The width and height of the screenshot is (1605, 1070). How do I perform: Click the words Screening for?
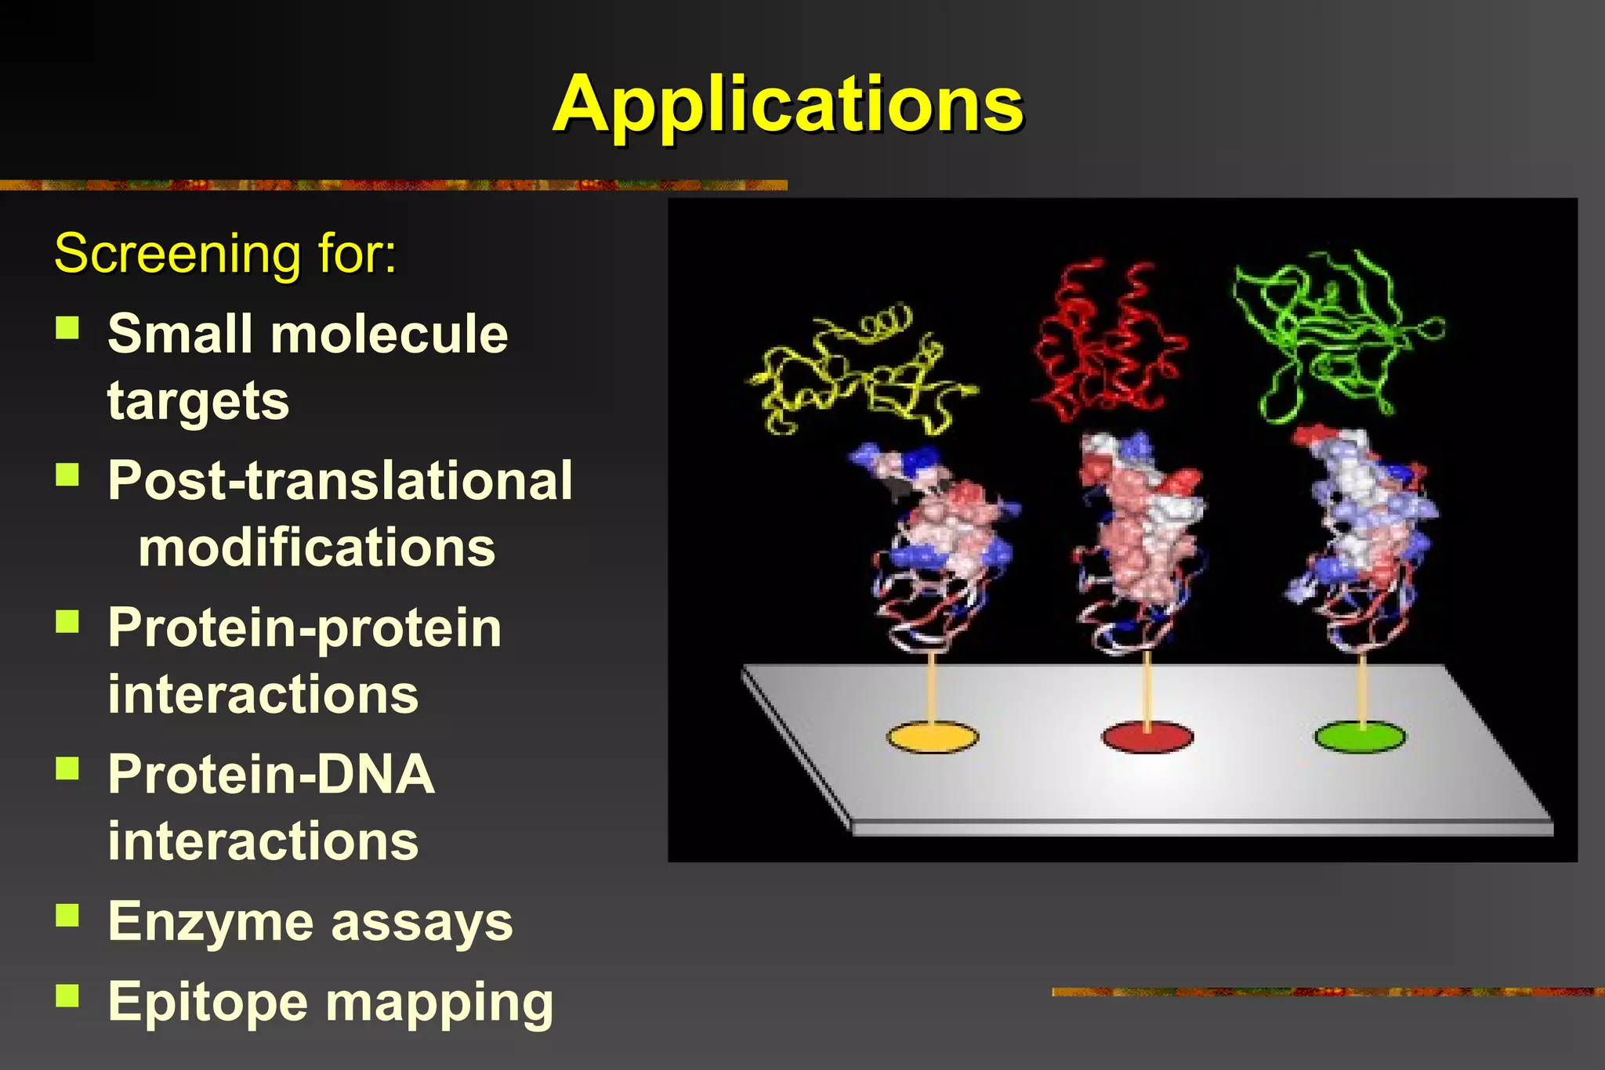pos(226,254)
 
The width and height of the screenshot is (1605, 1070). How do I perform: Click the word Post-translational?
pos(340,480)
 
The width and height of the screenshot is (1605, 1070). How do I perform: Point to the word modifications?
pos(317,548)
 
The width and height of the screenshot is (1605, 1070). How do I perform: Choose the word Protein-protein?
pos(305,628)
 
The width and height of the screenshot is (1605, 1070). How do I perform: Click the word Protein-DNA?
pos(271,774)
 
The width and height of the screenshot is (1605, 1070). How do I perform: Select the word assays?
pos(422,923)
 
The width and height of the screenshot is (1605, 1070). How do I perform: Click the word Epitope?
pos(208,1003)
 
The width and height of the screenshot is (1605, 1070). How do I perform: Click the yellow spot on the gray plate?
pos(932,737)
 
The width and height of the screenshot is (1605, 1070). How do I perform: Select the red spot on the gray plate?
pos(1147,737)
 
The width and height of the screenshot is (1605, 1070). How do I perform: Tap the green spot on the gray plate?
pos(1360,737)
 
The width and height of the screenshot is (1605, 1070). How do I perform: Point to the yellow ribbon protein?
pos(858,372)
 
